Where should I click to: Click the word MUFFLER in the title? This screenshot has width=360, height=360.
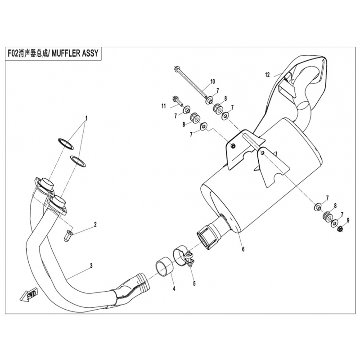67,53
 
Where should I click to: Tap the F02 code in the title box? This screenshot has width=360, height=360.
15,53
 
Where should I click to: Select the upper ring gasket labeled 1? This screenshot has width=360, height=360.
65,143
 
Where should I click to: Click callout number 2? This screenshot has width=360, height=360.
95,224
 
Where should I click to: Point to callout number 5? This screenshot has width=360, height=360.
194,283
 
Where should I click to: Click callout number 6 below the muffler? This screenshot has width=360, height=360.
243,249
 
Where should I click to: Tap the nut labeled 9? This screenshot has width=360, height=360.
341,229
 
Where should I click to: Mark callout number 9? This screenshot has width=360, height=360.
347,220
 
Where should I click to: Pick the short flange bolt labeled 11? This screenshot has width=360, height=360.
177,100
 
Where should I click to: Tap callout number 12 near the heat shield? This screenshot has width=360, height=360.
267,74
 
